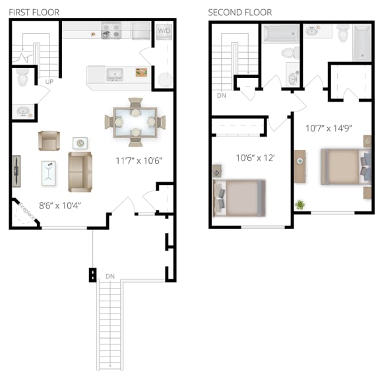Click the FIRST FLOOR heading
click(33, 13)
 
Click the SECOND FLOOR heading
click(239, 13)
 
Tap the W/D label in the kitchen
click(163, 30)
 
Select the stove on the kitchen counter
click(111, 30)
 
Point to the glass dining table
click(135, 121)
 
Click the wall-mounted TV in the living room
click(16, 168)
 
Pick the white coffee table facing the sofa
click(49, 170)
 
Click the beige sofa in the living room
click(80, 170)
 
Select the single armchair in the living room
click(49, 140)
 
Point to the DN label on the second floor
click(222, 94)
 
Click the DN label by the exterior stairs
click(110, 276)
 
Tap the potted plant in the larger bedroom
click(301, 205)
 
